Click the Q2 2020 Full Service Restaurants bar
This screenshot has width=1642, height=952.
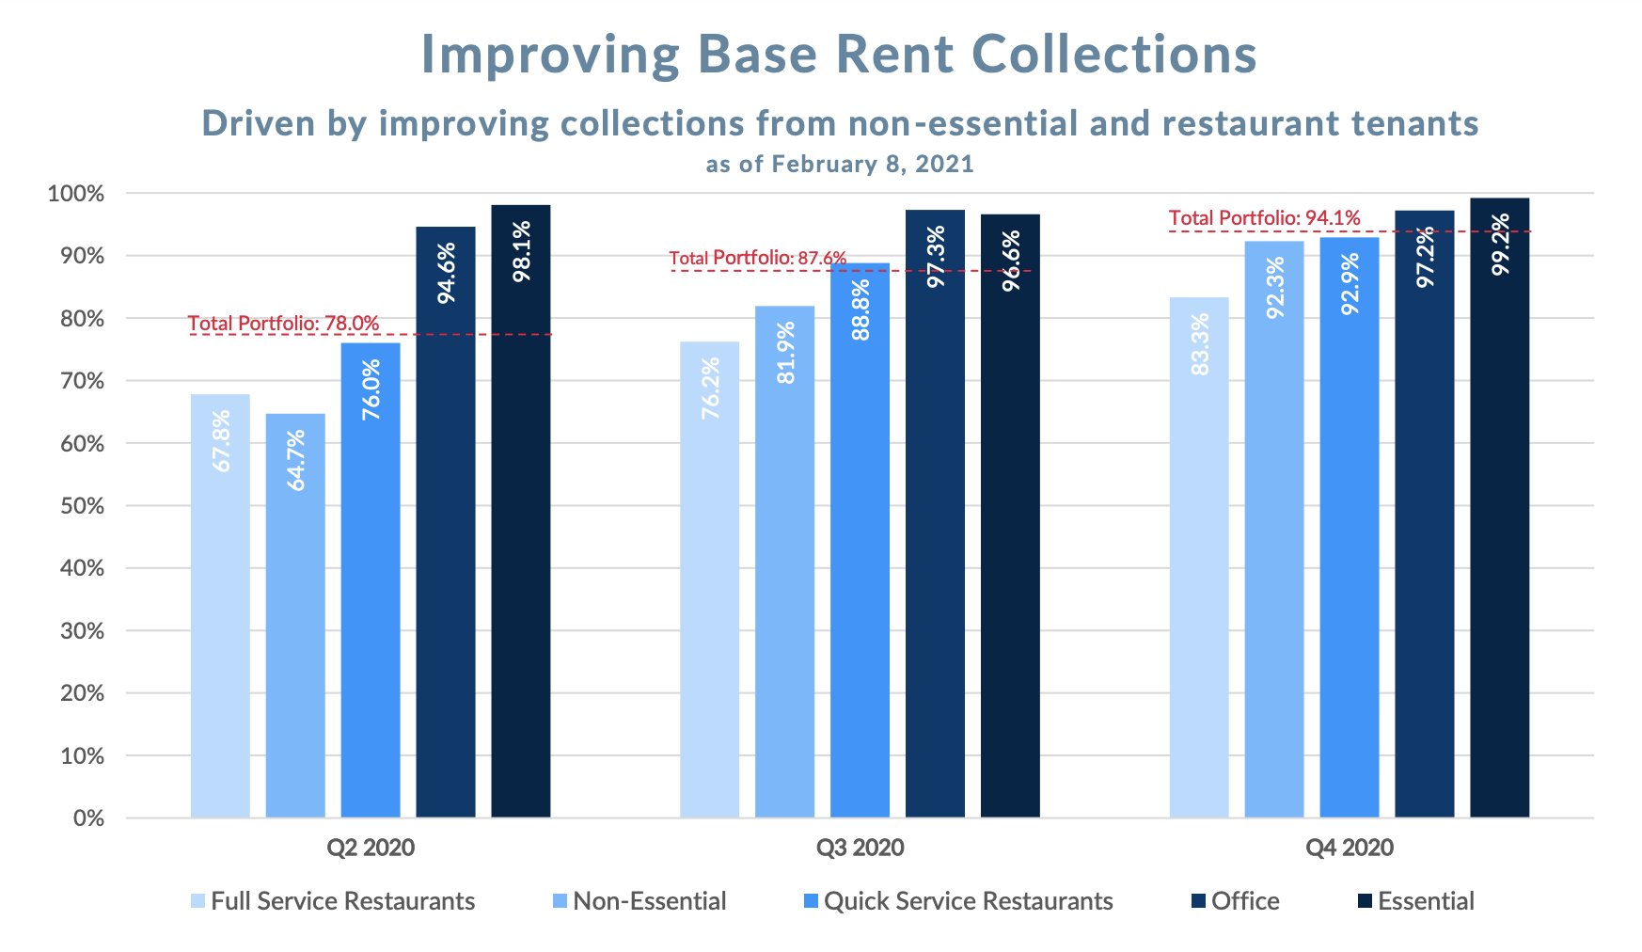point(220,606)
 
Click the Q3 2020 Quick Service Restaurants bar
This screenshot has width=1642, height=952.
point(860,540)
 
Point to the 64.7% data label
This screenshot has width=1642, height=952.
point(296,460)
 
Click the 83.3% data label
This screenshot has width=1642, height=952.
point(1199,344)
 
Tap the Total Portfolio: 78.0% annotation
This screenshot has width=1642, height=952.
point(283,324)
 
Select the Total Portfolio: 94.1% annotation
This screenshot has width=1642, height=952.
point(1264,218)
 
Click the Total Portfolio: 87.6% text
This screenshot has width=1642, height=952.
point(757,258)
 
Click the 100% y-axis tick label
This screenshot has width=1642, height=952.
point(76,194)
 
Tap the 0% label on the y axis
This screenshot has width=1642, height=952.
point(88,818)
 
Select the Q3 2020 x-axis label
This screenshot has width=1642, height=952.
point(860,848)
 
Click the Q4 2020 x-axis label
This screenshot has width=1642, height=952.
point(1349,848)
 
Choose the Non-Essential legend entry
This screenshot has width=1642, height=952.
point(639,901)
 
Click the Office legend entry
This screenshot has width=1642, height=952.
point(1235,901)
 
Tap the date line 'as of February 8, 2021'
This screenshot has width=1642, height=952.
point(839,164)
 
